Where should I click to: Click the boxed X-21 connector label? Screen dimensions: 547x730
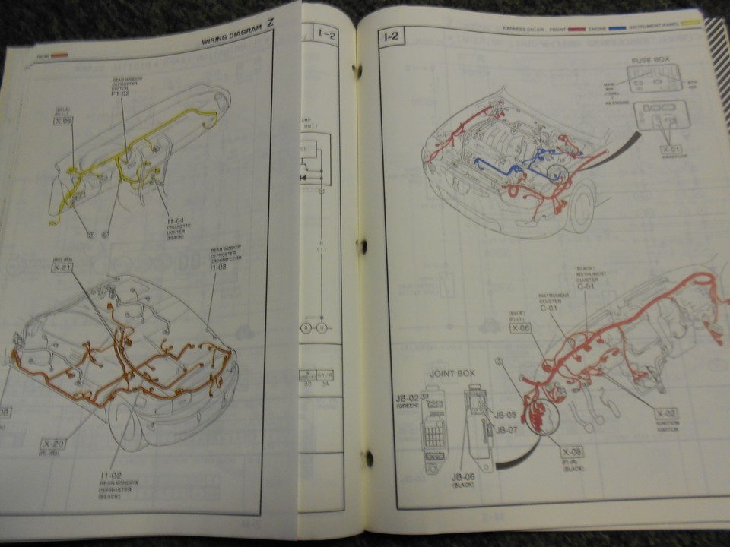(x=62, y=267)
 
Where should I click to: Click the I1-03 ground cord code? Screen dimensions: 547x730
(x=218, y=267)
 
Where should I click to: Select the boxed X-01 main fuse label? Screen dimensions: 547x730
(x=671, y=150)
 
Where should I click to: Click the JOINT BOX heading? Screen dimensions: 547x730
(x=452, y=374)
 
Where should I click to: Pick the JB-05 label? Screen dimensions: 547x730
(x=506, y=415)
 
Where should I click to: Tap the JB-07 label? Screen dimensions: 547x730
(x=506, y=429)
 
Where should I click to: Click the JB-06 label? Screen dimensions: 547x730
(x=463, y=476)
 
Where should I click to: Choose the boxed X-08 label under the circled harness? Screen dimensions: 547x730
(x=573, y=451)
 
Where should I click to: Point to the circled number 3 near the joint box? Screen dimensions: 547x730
(x=498, y=363)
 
